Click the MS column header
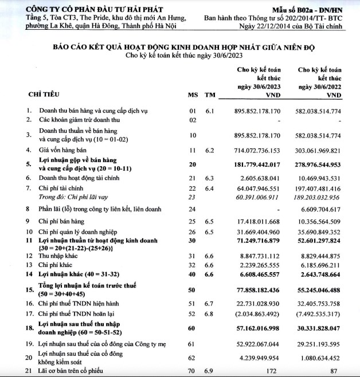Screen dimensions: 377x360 click(193, 94)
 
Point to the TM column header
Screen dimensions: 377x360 click(210, 94)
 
